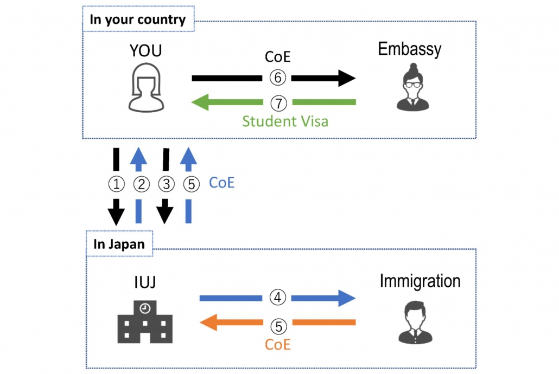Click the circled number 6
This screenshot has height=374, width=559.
coord(277,78)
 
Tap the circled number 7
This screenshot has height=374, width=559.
coord(277,102)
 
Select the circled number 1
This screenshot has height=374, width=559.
coord(116,184)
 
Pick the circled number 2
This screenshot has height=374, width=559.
coord(141,184)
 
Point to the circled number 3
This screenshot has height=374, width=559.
coord(166,184)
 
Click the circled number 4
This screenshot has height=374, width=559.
coord(277,298)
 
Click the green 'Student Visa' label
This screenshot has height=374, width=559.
coord(285,120)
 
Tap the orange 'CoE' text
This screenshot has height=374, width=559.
coord(277,344)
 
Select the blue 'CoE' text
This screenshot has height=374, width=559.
coord(221,183)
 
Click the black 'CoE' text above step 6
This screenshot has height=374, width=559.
coord(277,56)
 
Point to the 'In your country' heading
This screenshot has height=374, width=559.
coord(137,21)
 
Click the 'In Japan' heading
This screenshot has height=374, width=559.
coord(119,244)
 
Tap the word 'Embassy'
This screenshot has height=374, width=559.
coord(410,49)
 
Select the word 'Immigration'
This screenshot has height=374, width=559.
coord(420,281)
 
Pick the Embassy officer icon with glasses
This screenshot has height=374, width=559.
coord(410,88)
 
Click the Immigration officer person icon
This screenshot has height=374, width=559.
coord(416,322)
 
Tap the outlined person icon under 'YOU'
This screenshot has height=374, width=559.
coord(145,88)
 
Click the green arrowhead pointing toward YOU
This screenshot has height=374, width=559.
coord(203,102)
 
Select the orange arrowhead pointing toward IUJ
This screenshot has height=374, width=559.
coord(209,323)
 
